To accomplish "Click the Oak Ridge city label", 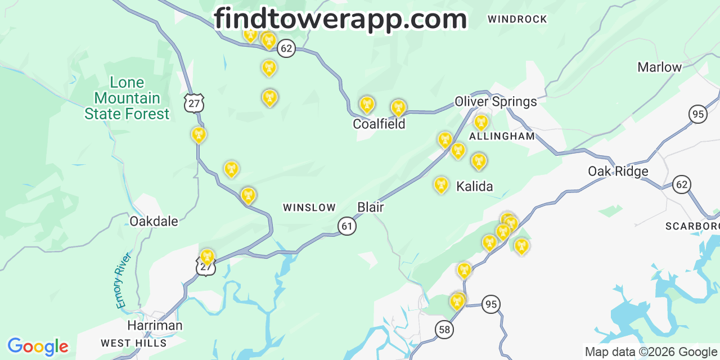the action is click(x=618, y=171).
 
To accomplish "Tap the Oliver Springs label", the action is click(x=496, y=102).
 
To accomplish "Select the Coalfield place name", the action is click(x=379, y=124).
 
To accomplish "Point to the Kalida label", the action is click(x=474, y=186).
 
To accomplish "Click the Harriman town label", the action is click(x=155, y=325).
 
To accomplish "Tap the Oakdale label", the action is click(x=154, y=221).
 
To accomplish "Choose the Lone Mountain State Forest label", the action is click(x=127, y=98).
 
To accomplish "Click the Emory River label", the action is click(x=123, y=280).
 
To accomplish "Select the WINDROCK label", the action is click(x=517, y=19).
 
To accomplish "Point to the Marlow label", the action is click(x=659, y=67).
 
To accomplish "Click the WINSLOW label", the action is click(x=309, y=208).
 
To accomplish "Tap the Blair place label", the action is click(x=370, y=207).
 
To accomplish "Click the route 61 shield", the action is click(x=347, y=226).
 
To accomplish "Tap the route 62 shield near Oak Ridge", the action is click(x=682, y=184).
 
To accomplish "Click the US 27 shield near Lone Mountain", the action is click(x=193, y=103).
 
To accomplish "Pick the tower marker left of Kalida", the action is click(x=441, y=184).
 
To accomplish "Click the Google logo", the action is click(x=37, y=346).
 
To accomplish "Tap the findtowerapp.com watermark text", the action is click(x=340, y=19).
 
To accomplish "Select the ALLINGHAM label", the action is click(x=502, y=137).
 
